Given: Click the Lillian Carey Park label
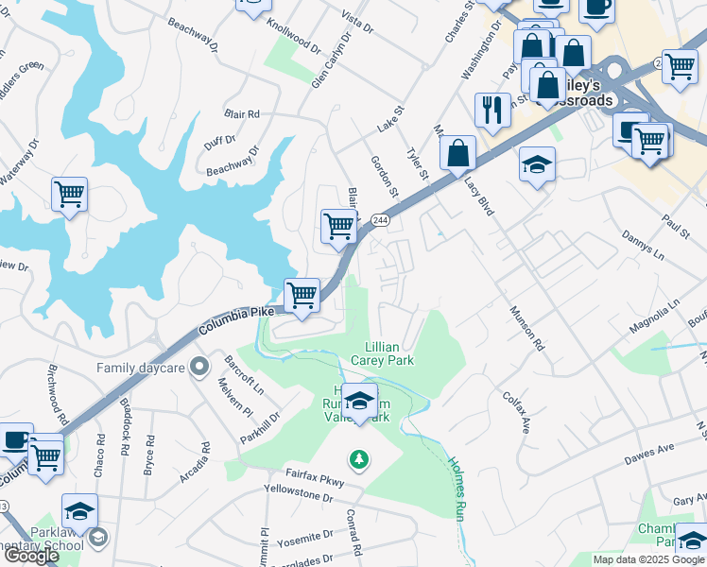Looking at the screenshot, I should (383, 353).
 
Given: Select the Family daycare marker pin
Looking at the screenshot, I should (198, 365).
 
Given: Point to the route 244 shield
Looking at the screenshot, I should (380, 220).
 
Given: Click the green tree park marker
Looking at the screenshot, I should (358, 460).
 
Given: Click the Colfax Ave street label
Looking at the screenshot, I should (516, 412).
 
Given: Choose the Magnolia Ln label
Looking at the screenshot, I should (655, 317).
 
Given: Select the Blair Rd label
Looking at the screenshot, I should (242, 114).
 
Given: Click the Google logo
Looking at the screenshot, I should (31, 556).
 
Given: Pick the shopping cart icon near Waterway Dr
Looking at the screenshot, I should (69, 195).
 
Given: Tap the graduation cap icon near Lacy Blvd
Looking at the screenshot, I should (537, 164).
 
